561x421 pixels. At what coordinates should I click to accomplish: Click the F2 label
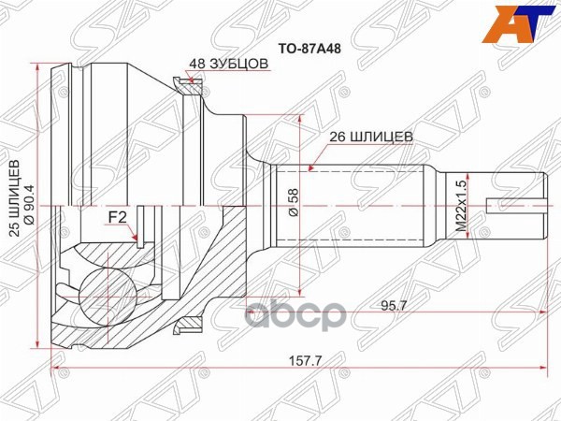tap(118, 217)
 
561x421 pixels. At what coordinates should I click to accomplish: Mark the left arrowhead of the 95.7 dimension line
tap(250, 314)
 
